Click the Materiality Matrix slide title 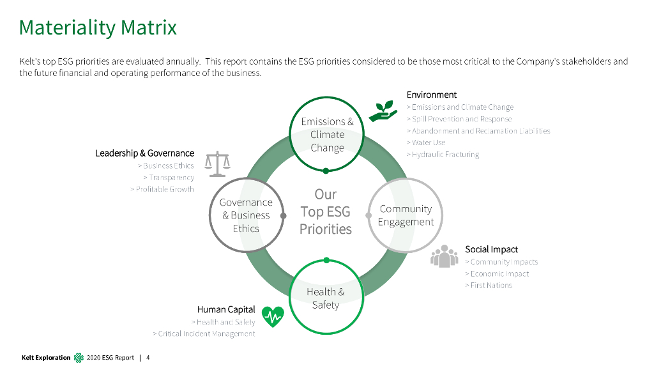click(x=98, y=27)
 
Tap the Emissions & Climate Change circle click(x=327, y=134)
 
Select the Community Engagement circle click(x=406, y=215)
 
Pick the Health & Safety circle click(x=326, y=298)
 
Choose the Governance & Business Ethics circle click(x=246, y=215)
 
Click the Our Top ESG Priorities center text click(x=326, y=211)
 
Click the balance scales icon click(x=217, y=164)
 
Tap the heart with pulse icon click(x=273, y=316)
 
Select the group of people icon click(x=445, y=256)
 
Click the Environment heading click(x=432, y=95)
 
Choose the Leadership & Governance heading click(x=144, y=153)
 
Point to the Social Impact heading click(x=491, y=249)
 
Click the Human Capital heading click(x=226, y=310)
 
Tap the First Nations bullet click(x=489, y=286)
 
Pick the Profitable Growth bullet click(x=162, y=189)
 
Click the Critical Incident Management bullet click(x=204, y=333)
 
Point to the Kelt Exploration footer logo click(x=79, y=357)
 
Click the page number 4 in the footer click(x=148, y=357)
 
